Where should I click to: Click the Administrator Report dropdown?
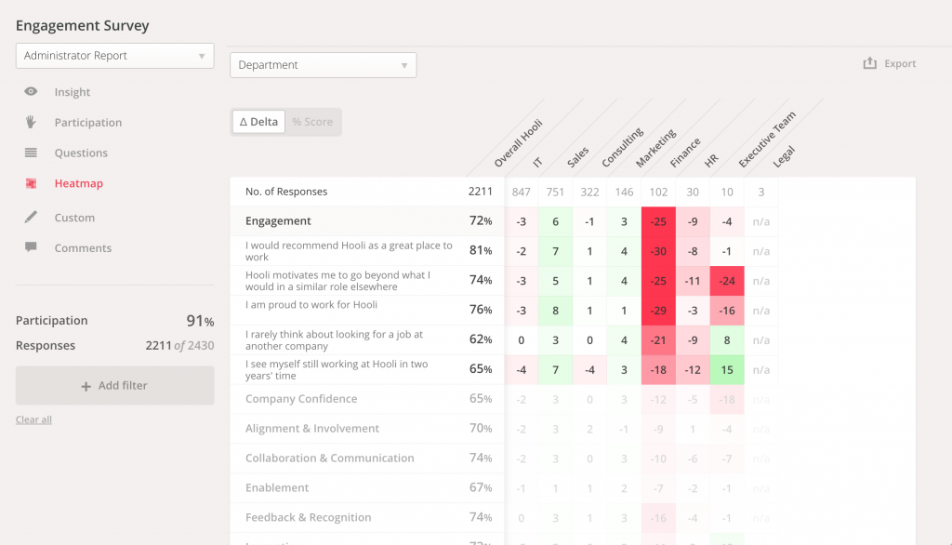coord(114,56)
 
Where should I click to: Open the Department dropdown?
coord(323,65)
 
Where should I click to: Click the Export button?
coord(890,63)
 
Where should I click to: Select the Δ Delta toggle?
coord(258,122)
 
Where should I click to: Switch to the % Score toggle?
coord(312,122)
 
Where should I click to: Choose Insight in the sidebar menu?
coord(72,92)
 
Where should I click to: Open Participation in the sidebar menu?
coord(87,123)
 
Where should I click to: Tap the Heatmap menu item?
coord(78,183)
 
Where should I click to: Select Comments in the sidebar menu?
coord(82,248)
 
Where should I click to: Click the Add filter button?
coord(114,385)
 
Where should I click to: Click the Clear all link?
coord(33,419)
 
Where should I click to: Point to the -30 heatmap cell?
coord(658,251)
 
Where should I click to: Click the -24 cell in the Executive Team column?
coord(726,281)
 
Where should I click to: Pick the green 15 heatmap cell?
coord(726,370)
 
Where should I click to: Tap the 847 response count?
coord(521,192)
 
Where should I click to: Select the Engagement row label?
coord(278,221)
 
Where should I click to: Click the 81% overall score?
coord(481,251)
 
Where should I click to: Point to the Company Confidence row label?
coord(301,399)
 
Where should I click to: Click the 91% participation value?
coord(200,321)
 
